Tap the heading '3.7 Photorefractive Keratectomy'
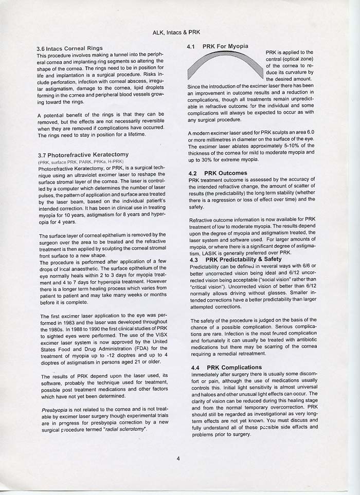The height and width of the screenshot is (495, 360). click(x=83, y=154)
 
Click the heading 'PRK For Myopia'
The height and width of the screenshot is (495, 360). click(x=225, y=46)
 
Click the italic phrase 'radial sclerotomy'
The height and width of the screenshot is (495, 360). click(x=124, y=428)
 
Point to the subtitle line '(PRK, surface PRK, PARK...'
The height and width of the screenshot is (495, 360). click(x=74, y=162)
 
